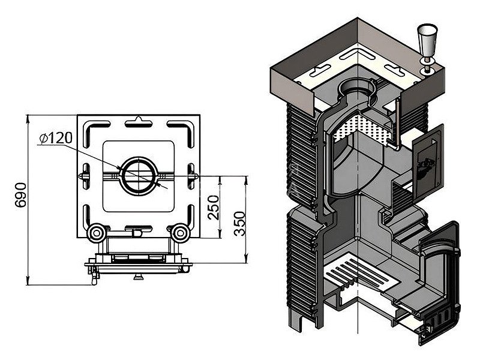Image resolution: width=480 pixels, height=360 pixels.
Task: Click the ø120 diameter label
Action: pyautogui.click(x=54, y=139)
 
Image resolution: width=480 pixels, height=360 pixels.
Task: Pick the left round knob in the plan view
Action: pyautogui.click(x=96, y=232)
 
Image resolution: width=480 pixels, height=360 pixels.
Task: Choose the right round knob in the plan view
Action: pyautogui.click(x=181, y=232)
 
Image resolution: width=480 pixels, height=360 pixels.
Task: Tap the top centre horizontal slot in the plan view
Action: pyautogui.click(x=138, y=124)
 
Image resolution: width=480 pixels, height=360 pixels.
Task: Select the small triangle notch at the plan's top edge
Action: pyautogui.click(x=139, y=118)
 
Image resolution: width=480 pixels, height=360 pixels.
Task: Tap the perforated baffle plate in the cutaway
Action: pyautogui.click(x=363, y=126)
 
